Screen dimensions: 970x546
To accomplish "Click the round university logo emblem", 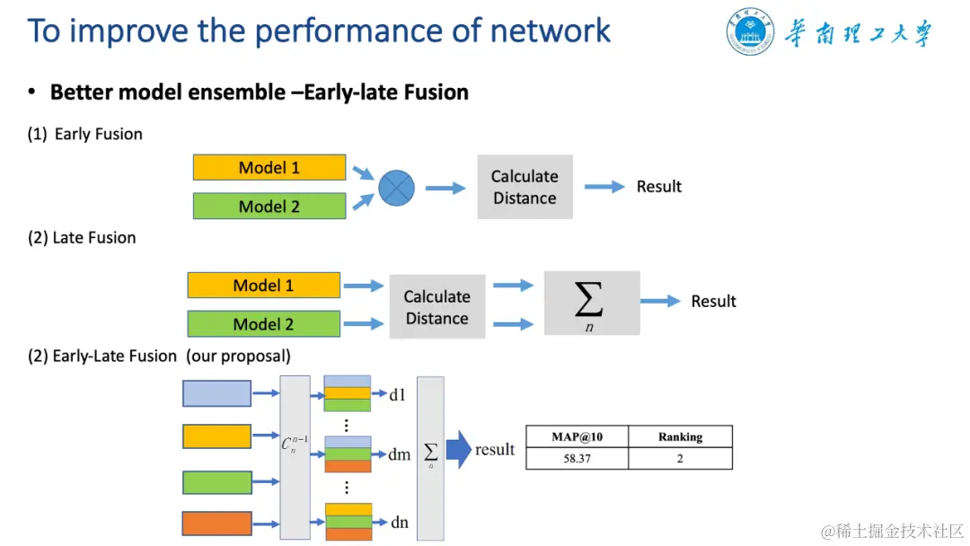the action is click(750, 31).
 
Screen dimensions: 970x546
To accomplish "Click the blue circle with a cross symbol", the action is click(397, 188).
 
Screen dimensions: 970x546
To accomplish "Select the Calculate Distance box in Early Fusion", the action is click(525, 187).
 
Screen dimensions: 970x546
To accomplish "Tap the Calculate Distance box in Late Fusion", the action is click(437, 307).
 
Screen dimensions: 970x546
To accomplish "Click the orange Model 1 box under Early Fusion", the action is click(269, 168).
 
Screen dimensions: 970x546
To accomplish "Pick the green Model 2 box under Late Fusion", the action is click(263, 324).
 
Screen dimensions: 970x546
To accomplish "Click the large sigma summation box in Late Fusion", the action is click(592, 303).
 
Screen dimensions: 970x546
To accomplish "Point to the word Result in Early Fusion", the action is click(659, 187).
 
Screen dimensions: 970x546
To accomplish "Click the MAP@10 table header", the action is click(578, 436).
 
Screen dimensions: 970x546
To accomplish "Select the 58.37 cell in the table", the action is click(578, 458).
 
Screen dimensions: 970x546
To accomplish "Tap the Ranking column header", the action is click(681, 436).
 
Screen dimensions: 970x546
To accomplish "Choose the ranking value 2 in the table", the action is click(681, 458).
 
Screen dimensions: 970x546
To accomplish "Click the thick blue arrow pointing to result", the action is click(459, 450).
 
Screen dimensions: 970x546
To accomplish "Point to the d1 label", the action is click(397, 394).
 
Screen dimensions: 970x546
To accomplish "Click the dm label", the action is click(399, 455).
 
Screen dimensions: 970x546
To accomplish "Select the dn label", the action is click(400, 523).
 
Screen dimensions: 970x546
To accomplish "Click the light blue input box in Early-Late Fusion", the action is click(216, 394).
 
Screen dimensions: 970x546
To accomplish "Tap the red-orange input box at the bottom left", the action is click(216, 524).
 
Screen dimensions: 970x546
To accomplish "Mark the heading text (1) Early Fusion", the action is click(84, 134).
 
